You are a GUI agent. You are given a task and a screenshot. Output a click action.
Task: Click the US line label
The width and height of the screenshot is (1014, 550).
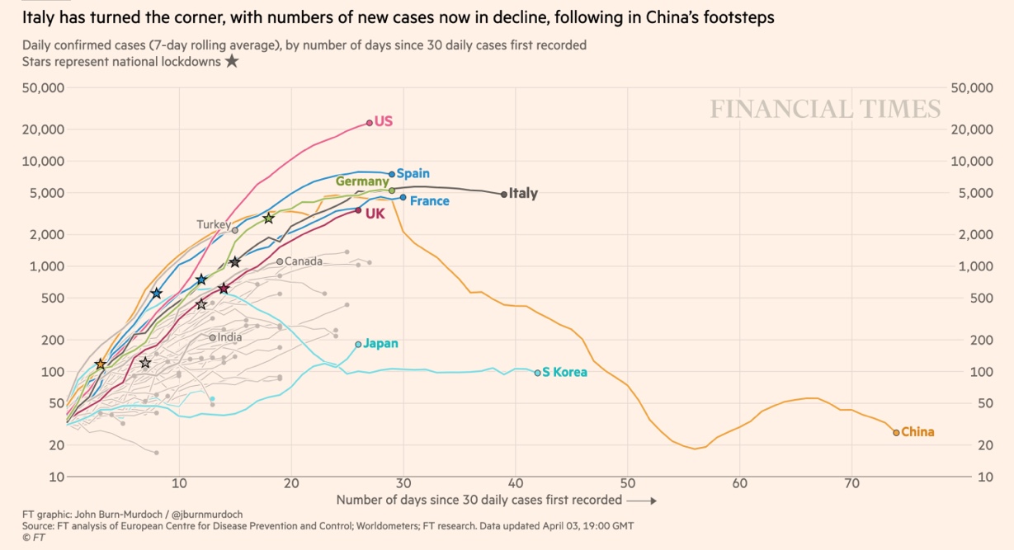click(384, 121)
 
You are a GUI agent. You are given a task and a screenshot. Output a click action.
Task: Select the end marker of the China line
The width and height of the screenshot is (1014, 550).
click(896, 432)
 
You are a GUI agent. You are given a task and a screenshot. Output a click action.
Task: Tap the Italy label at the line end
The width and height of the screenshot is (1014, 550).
click(523, 194)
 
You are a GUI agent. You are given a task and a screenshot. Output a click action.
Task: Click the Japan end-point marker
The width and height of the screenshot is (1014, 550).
click(358, 344)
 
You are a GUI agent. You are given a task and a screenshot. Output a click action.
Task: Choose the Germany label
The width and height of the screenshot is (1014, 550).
click(361, 181)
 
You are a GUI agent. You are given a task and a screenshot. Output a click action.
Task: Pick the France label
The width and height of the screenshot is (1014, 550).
click(429, 201)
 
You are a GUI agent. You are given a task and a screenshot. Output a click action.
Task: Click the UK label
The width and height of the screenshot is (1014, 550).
click(375, 214)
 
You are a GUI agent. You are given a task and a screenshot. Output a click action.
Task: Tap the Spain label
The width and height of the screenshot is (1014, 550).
click(413, 174)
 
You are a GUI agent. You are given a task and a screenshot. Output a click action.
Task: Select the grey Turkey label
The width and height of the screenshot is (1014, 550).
click(213, 224)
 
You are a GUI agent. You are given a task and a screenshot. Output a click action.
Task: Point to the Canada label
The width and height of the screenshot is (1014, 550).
click(303, 261)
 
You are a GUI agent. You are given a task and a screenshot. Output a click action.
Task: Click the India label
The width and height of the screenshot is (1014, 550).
click(229, 337)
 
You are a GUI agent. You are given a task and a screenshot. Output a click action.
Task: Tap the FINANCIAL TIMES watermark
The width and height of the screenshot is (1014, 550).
click(825, 109)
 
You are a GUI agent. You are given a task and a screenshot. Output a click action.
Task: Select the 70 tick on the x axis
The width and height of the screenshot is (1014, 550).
click(852, 483)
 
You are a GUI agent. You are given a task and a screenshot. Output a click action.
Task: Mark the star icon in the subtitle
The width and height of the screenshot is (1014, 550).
click(232, 61)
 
